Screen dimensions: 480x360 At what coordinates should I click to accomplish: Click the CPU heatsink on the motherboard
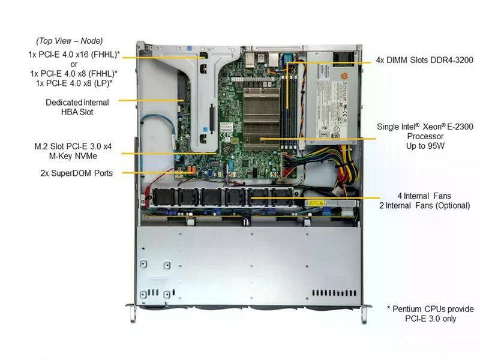262,118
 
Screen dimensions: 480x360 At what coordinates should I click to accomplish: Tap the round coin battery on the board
227,149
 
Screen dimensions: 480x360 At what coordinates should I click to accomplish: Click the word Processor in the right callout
425,136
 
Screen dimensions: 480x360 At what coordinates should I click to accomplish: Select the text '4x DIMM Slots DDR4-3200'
425,61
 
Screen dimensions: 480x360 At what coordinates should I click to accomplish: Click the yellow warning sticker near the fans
316,203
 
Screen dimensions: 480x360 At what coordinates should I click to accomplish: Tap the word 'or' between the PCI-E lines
74,64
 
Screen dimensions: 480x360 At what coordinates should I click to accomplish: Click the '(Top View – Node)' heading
70,41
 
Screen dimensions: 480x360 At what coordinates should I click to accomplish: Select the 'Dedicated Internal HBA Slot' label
77,107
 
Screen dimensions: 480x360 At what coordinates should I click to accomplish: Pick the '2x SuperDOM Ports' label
77,173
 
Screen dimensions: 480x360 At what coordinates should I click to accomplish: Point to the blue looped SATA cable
158,134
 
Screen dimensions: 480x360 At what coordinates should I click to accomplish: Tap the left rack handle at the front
132,313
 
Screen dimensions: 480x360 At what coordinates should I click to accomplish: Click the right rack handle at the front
365,313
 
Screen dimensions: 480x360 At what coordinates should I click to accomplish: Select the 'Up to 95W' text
425,146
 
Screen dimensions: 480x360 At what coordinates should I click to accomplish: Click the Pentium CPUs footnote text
430,314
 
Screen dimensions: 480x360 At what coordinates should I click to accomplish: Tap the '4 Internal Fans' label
424,196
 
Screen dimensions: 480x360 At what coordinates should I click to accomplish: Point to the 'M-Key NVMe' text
73,156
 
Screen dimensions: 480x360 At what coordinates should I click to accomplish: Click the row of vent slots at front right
334,293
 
